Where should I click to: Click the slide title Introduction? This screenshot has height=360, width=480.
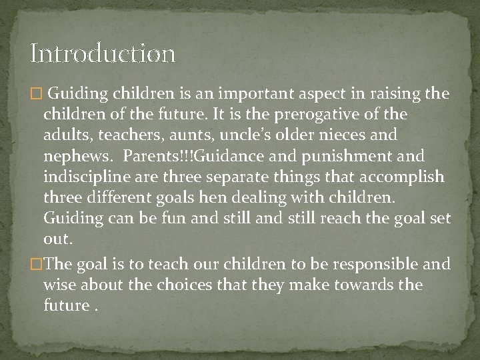pyautogui.click(x=103, y=53)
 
